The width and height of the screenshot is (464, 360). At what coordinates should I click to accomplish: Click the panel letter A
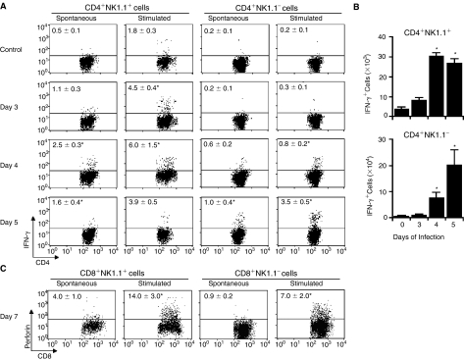click(x=5, y=5)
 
